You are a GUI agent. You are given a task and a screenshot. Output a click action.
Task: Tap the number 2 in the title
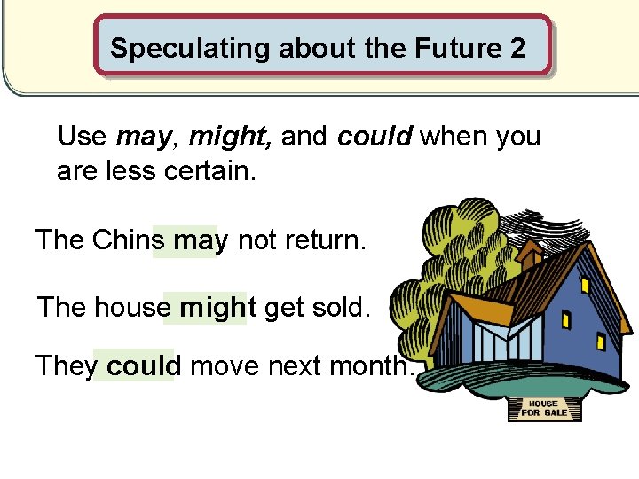coord(518,48)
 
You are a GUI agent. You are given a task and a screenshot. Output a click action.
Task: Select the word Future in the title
coord(452,48)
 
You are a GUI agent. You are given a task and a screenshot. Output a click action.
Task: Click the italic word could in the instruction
coord(375,137)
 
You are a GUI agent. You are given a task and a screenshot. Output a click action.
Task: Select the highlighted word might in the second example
coord(217,307)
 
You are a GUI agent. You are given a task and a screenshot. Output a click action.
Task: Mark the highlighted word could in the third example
coord(144,365)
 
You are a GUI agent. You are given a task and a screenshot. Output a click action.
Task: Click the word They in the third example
coord(67,365)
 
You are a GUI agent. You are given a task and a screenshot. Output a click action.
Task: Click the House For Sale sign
coord(544,408)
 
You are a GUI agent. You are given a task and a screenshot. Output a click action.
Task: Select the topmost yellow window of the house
coord(586,285)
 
